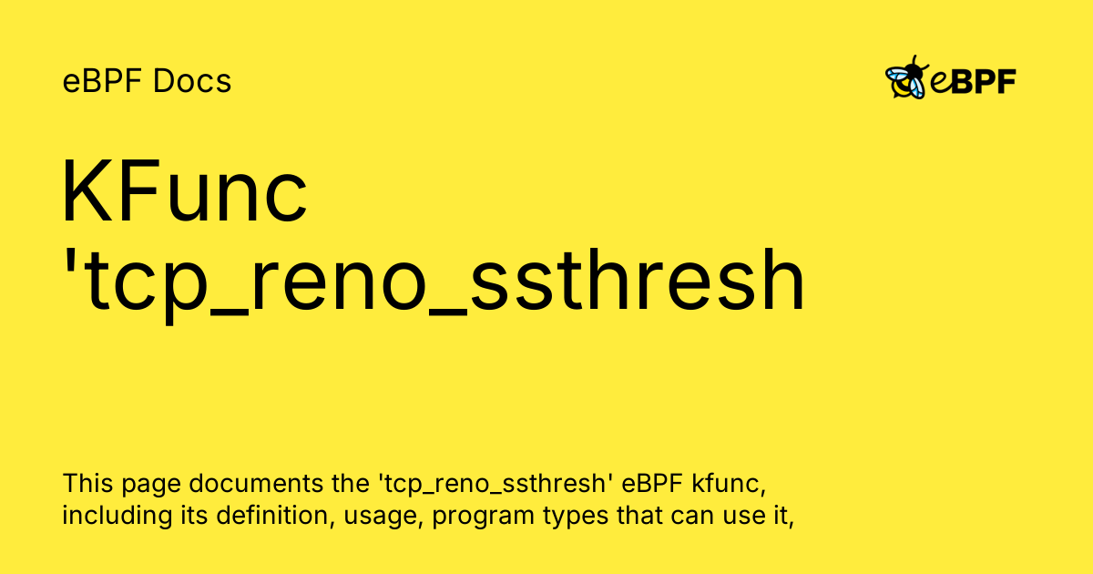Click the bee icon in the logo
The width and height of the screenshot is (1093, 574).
pos(906,79)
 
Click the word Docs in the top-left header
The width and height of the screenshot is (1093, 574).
pos(192,82)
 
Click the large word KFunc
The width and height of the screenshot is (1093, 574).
pos(185,194)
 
